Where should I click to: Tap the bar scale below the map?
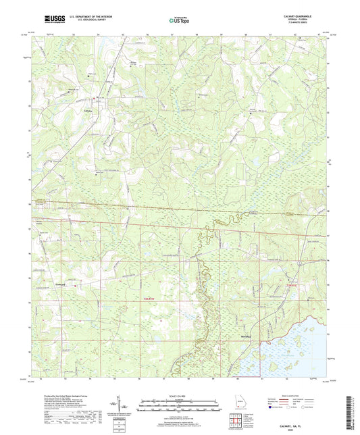(x=179, y=408)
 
